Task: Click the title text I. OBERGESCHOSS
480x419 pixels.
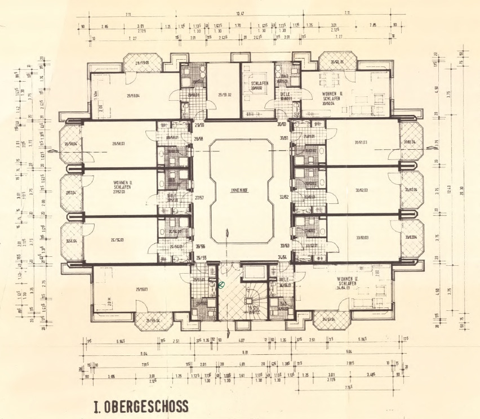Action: [x=141, y=407]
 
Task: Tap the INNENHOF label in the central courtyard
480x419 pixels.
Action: [x=239, y=190]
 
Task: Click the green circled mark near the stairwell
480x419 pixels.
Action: [x=221, y=286]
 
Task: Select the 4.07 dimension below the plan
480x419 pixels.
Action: [x=241, y=340]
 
